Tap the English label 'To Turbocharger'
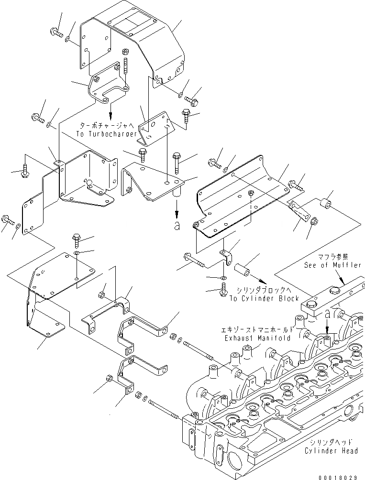pos(106,135)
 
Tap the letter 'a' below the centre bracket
pos(177,226)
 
